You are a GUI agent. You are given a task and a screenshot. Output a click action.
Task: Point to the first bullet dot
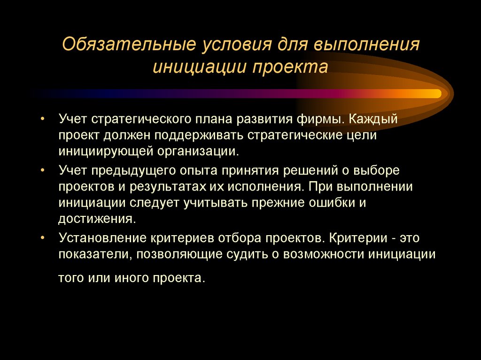43,119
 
